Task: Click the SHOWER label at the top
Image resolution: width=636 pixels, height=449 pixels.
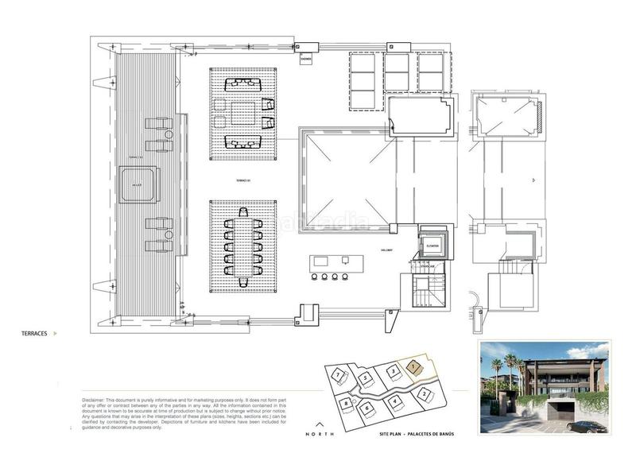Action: (306, 58)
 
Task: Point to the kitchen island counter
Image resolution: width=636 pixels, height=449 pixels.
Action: (330, 261)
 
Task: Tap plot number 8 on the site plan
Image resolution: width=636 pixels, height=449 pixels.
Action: (347, 403)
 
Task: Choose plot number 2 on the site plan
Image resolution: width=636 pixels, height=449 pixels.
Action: (425, 393)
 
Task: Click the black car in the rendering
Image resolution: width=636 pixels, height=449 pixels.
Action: (587, 426)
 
